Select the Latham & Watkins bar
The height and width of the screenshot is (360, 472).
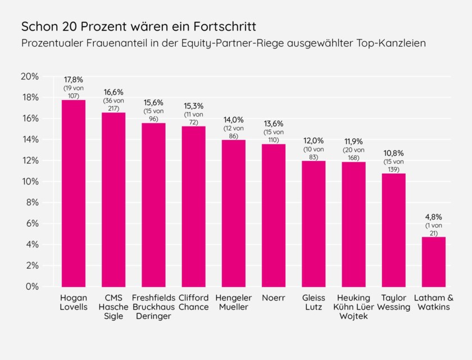(x=433, y=262)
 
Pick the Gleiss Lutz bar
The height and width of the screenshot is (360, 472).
(x=314, y=224)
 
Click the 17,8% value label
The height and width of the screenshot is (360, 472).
(x=73, y=79)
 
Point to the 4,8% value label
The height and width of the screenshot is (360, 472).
(x=433, y=217)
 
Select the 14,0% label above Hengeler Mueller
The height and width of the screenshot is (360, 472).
(x=233, y=119)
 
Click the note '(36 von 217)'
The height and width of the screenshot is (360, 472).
(x=114, y=104)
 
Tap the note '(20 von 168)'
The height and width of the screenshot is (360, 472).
(x=353, y=154)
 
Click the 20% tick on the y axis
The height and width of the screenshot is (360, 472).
(x=30, y=76)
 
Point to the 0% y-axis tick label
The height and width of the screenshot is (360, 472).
(x=32, y=287)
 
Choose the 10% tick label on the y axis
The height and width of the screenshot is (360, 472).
(x=30, y=182)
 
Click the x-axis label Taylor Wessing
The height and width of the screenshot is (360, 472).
(x=393, y=302)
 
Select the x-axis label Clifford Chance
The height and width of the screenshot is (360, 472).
(x=193, y=302)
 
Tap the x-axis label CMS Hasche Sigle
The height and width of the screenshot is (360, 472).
(x=114, y=307)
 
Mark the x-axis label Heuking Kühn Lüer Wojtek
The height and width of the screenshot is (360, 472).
(x=353, y=307)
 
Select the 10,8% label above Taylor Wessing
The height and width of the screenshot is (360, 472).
(x=393, y=153)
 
